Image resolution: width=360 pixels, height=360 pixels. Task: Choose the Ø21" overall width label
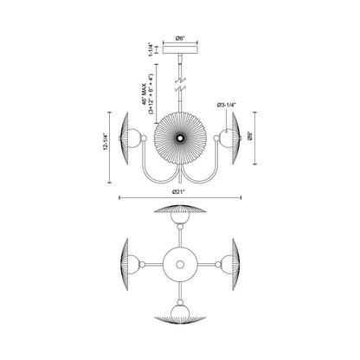(180, 192)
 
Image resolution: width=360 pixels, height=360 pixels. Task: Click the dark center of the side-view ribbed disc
(180, 137)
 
